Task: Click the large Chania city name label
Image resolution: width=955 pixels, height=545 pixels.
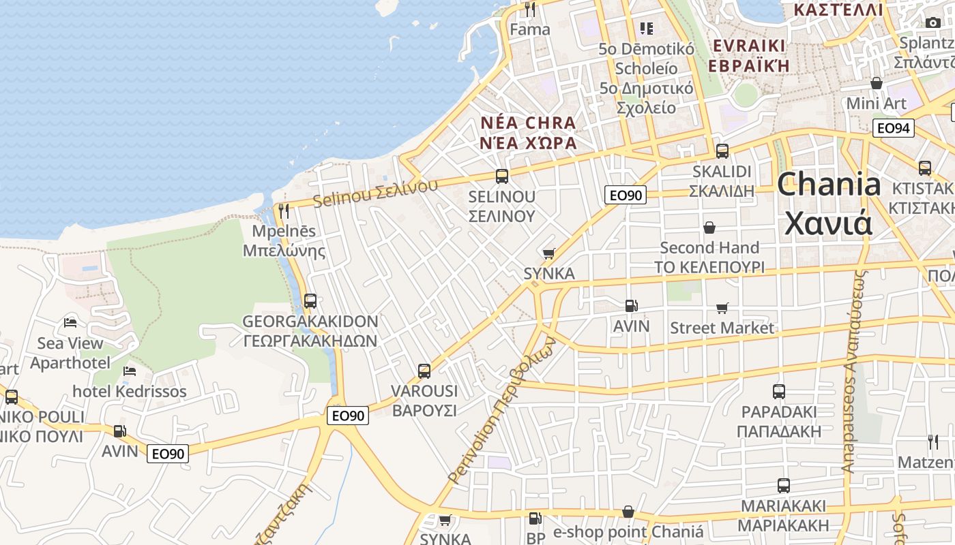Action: pos(828,203)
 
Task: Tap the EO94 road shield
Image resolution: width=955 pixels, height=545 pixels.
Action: pos(893,127)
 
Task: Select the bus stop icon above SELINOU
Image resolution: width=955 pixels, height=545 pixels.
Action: pos(502,176)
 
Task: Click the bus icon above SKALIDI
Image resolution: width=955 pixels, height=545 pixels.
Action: pos(722,151)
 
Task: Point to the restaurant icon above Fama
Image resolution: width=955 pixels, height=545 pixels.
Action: pos(530,10)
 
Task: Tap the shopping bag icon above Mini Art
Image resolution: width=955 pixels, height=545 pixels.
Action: pos(877,83)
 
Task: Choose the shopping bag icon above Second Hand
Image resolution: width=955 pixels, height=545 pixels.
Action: pos(709,228)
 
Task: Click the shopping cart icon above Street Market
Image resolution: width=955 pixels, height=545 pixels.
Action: pos(722,308)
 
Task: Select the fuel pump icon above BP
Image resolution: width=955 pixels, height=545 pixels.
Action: pos(535,518)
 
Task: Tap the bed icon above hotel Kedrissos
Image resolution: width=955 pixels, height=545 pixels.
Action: pos(130,371)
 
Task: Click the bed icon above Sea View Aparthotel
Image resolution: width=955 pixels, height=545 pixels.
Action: pos(70,322)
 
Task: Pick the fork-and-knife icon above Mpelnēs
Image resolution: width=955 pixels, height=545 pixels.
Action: pos(284,211)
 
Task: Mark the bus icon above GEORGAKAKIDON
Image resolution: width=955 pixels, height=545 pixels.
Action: pos(310,300)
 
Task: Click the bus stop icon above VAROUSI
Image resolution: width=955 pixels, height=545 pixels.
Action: pos(424,371)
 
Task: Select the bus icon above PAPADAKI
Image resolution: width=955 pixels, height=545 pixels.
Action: pos(779,392)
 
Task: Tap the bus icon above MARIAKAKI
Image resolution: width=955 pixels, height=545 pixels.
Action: pos(784,486)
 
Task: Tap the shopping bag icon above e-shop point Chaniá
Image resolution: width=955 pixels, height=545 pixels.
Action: pos(628,512)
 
